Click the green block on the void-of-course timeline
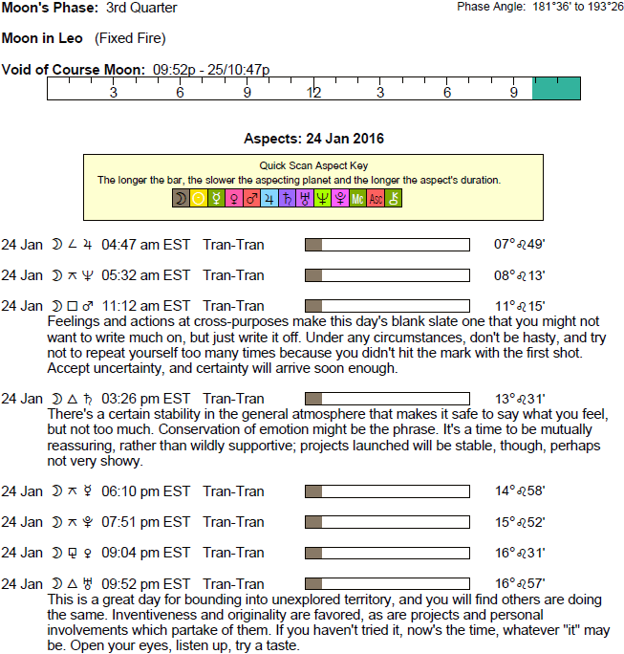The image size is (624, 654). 556,88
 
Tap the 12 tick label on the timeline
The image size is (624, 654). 313,93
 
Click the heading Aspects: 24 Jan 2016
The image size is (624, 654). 313,139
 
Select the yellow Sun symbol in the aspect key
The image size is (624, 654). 199,198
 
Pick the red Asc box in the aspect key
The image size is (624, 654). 376,198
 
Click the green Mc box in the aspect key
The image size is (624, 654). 357,198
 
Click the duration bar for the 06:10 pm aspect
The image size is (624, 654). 387,491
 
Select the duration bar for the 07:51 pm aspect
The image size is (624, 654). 387,522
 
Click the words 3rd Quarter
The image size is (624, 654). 141,9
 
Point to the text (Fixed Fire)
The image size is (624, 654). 130,39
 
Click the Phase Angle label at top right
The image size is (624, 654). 490,8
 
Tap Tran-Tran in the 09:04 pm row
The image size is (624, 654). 233,553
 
